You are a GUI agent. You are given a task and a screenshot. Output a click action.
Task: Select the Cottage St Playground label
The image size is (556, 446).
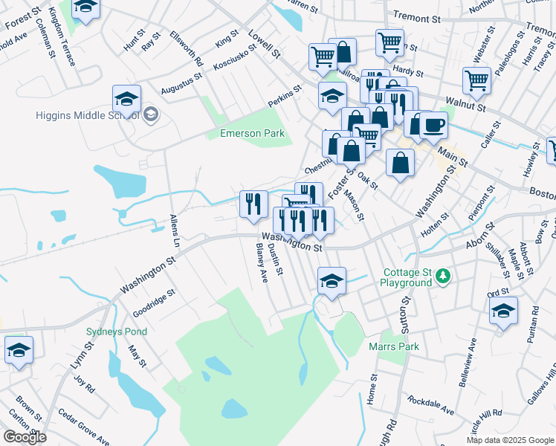click(406, 278)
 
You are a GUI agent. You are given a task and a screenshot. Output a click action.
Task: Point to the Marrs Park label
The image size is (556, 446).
click(394, 346)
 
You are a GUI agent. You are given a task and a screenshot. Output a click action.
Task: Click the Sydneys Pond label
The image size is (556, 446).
click(117, 332)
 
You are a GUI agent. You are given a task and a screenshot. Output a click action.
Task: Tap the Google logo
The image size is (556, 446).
click(25, 437)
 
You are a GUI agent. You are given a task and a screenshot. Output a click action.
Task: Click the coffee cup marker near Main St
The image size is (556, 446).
click(433, 124)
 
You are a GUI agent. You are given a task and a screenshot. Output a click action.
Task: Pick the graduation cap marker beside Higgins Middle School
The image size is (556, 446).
click(127, 99)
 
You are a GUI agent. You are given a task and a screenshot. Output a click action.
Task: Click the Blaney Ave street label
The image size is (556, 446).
click(261, 262)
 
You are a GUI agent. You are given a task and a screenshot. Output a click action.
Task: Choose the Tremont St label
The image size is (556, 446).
click(417, 16)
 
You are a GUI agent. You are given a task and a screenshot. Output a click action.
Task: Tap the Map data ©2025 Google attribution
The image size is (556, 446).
click(510, 440)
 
